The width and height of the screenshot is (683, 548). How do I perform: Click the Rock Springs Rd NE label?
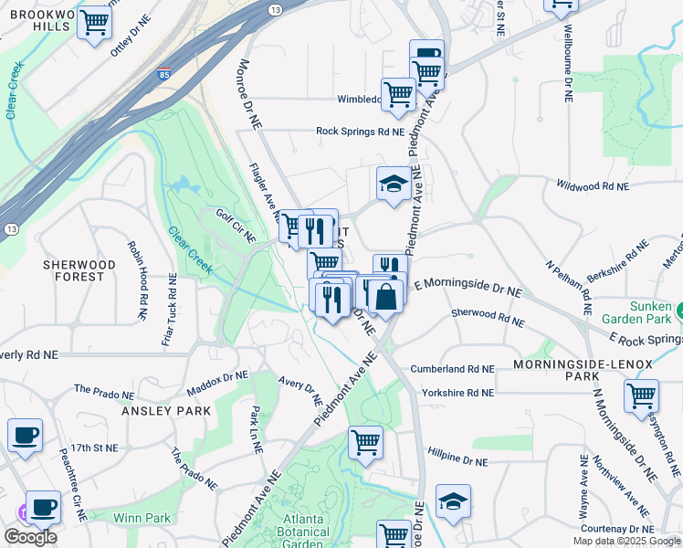[x=360, y=132]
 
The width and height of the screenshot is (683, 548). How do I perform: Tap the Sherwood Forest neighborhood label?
[x=79, y=270]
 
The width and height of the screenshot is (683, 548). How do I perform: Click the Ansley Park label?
[x=166, y=411]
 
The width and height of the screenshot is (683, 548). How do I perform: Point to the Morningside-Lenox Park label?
[x=583, y=370]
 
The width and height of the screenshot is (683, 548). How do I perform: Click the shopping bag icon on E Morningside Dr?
[x=387, y=296]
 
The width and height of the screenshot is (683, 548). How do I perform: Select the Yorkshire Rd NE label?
[x=457, y=393]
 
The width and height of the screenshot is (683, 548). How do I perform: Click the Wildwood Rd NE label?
[x=594, y=185]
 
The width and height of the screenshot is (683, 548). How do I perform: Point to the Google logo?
[x=29, y=536]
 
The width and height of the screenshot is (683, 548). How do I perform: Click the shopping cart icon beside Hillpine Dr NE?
[x=365, y=443]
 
